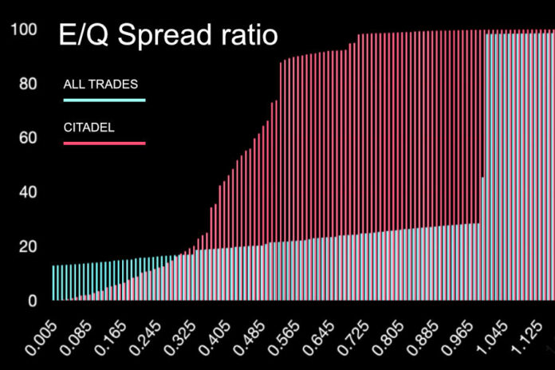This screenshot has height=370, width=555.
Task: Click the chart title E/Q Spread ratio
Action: pyautogui.click(x=165, y=37)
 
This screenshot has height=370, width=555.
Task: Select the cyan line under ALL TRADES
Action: pyautogui.click(x=104, y=100)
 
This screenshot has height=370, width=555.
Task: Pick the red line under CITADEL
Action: pyautogui.click(x=104, y=143)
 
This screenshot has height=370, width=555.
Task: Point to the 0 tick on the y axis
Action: pyautogui.click(x=32, y=301)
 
